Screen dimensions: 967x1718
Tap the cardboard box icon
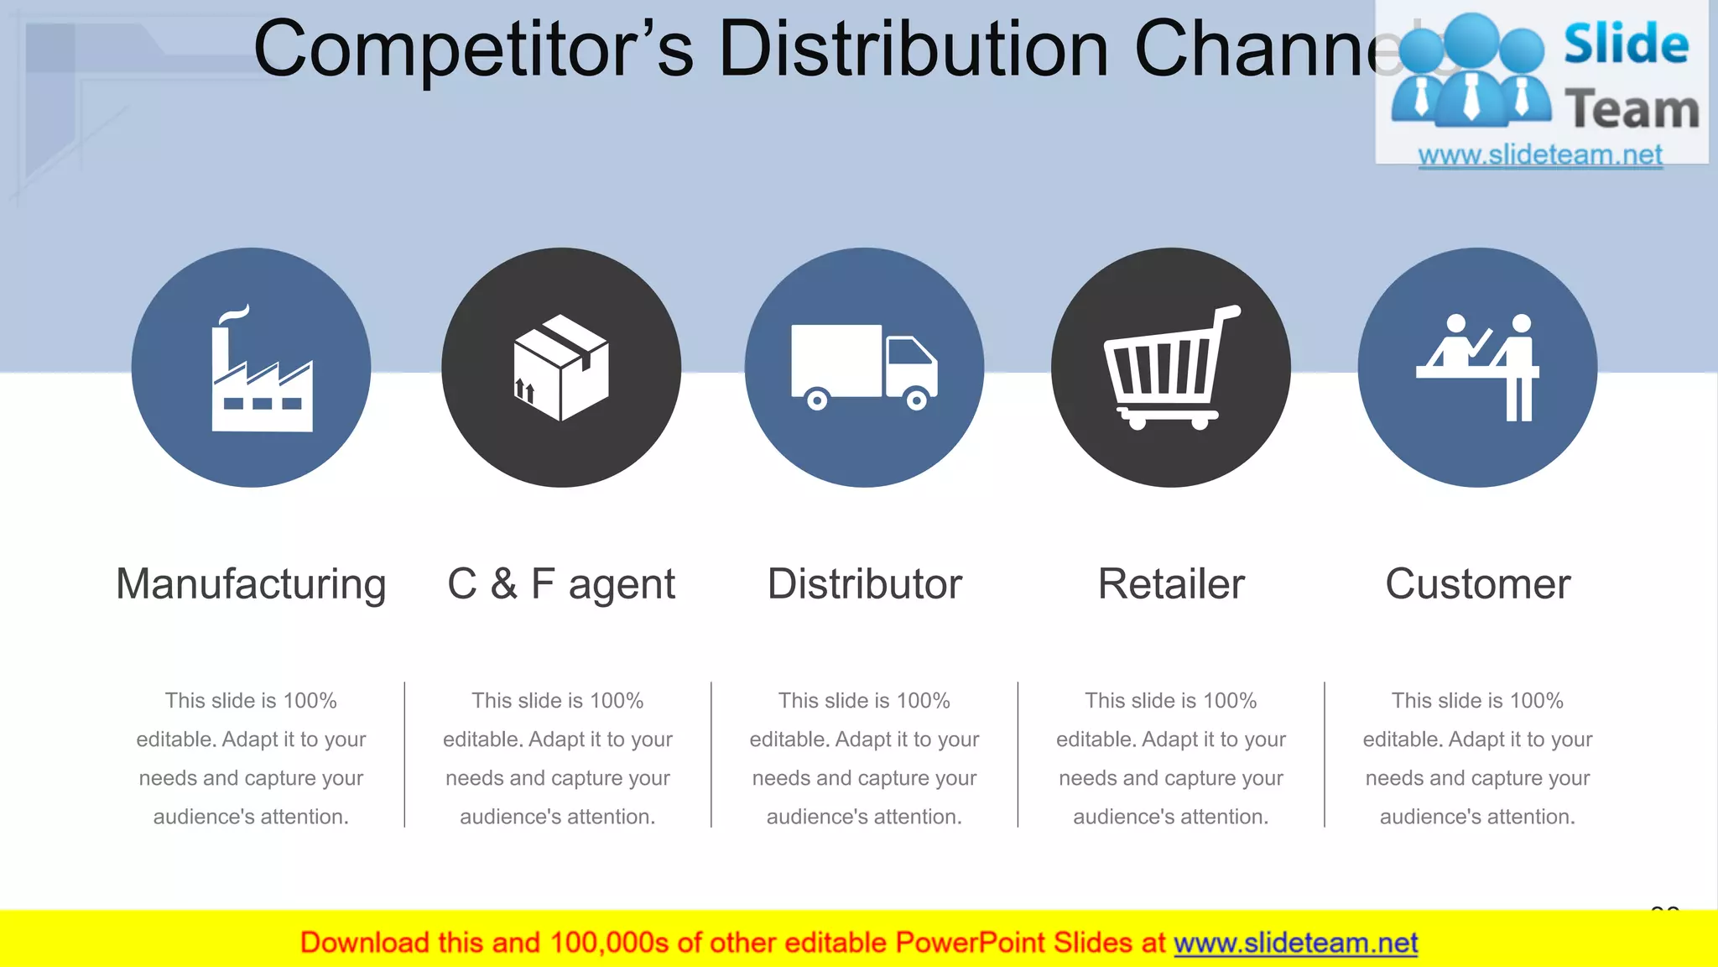[x=560, y=368]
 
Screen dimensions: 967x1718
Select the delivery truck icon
[x=864, y=366]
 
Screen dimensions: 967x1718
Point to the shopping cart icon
[x=1169, y=368]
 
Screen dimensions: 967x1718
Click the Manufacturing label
[x=251, y=584]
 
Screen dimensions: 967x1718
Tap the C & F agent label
[x=561, y=584]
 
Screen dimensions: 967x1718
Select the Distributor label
[x=864, y=584]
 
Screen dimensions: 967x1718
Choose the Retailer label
[x=1171, y=584]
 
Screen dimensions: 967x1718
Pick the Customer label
[x=1477, y=584]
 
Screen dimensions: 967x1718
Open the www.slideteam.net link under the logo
[x=1539, y=155]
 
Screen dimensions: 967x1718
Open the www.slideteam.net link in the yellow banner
[x=1295, y=943]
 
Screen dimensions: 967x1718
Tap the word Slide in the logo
[x=1626, y=44]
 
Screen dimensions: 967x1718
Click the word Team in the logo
[x=1631, y=110]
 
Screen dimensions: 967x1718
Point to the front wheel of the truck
[x=917, y=400]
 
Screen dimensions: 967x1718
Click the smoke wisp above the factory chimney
[x=234, y=314]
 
